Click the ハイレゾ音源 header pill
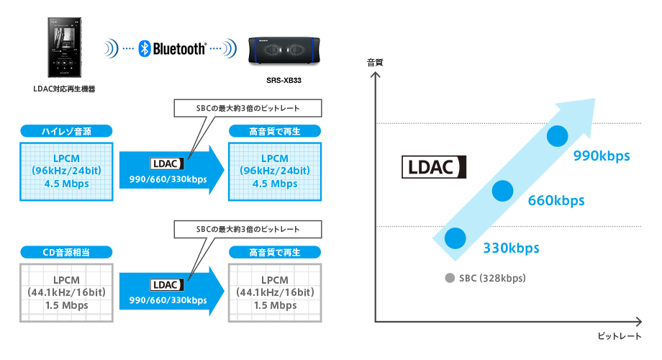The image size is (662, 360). (x=66, y=131)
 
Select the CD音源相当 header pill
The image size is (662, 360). (x=66, y=252)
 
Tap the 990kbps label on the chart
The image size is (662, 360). (x=601, y=156)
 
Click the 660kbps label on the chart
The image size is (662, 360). (x=556, y=200)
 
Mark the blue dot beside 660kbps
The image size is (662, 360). (x=503, y=190)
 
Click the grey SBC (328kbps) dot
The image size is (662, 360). (x=450, y=279)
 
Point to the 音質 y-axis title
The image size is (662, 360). (x=375, y=63)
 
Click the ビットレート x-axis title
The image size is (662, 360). (x=620, y=336)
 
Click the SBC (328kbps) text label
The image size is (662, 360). (x=493, y=279)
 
